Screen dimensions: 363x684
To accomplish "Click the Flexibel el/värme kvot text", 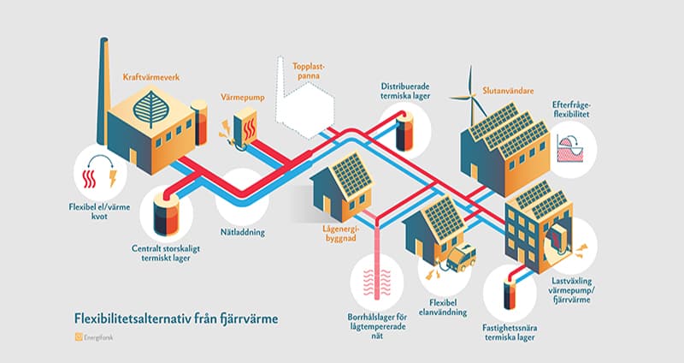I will tap(100, 212).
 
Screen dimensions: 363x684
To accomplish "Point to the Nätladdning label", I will tap(244, 232).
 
